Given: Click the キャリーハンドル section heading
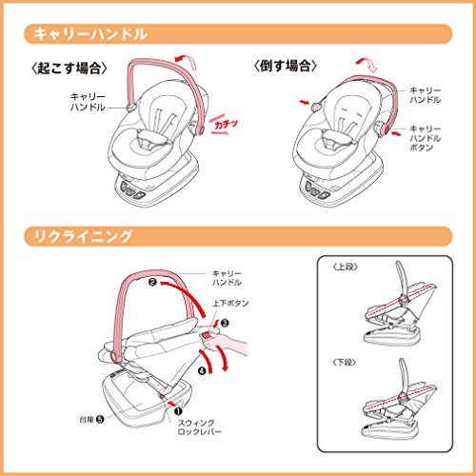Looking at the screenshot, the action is click(90, 34).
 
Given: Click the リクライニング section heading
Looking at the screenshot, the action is click(83, 236).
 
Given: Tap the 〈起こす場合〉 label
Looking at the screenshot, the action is click(69, 68).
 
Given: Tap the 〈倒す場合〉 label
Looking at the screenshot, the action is click(285, 66).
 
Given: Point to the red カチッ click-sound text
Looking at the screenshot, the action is click(226, 124).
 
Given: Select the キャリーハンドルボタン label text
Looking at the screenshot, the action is click(425, 138).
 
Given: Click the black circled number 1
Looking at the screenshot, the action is click(178, 411).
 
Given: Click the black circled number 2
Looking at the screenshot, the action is click(153, 282).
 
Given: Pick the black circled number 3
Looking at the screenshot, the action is click(225, 323).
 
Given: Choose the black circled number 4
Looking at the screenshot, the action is click(202, 370).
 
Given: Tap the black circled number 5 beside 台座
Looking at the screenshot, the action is click(100, 419).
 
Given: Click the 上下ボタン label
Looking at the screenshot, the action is click(230, 304).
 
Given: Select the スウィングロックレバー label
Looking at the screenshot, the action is click(199, 427).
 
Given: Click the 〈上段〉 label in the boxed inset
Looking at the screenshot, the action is click(345, 267).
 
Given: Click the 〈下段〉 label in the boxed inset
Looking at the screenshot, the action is click(345, 362).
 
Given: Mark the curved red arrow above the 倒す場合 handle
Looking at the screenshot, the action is click(367, 65).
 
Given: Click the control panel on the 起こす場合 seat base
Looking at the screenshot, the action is click(130, 190).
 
